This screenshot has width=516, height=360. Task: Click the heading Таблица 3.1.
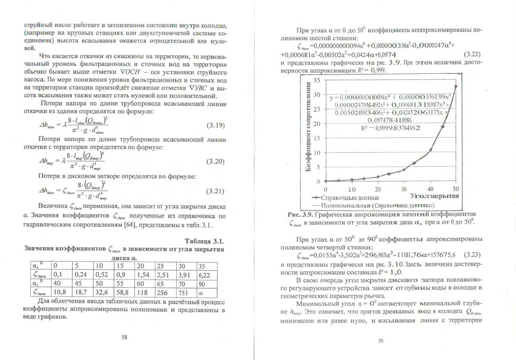(x=205, y=241)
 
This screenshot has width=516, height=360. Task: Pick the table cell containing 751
(x=184, y=293)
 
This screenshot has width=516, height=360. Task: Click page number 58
(x=124, y=337)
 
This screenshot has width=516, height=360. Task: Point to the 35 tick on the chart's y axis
(x=317, y=80)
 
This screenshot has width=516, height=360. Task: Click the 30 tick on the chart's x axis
(x=404, y=189)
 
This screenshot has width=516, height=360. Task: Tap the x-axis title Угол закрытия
(x=434, y=196)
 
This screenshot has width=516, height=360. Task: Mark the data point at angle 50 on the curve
(x=456, y=86)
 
